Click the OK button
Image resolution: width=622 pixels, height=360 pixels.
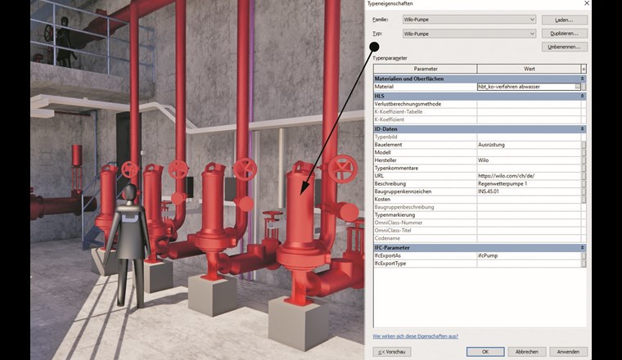[x=485, y=351]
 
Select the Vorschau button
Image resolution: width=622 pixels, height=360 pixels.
[x=392, y=351]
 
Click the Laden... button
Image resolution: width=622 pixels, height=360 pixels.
[x=565, y=19]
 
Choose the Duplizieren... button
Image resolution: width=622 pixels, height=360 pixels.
[x=565, y=34]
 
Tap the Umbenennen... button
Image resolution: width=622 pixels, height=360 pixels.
[x=565, y=47]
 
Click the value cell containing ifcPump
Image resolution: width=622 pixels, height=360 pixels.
[x=528, y=255]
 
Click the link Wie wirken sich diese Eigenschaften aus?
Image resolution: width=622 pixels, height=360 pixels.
[x=415, y=335]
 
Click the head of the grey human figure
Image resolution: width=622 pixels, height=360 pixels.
[x=128, y=191]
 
